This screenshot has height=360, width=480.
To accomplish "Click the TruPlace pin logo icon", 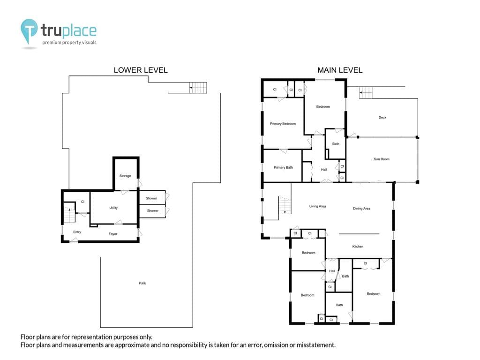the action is coord(29,31).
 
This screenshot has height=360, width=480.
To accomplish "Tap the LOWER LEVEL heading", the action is coord(141,70).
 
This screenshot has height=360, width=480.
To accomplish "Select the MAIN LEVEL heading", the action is coord(340,70).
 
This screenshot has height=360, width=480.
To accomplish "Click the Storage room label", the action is coord(125,176).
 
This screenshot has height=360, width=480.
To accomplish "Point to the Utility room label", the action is coord(113,208).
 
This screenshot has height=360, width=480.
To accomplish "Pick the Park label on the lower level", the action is coord(142,283).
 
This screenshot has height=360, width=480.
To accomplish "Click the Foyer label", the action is coord(113,234).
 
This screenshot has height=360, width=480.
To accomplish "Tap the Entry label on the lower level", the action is coord(77,232).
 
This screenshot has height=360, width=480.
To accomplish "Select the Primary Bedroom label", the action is coord(283,124).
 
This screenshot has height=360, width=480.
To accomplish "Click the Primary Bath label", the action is coord(283,167).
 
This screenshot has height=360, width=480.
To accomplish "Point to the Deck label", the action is coord(382,117).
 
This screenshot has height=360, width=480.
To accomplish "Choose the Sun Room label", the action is coord(382,159).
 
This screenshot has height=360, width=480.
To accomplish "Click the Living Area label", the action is coord(317,206).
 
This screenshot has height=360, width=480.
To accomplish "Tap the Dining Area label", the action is coord(361,209).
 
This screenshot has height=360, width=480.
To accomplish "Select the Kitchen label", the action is coord(358,247).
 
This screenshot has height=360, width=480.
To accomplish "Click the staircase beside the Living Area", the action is coord(285,205).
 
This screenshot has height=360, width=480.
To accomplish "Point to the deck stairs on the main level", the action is coord(366,92).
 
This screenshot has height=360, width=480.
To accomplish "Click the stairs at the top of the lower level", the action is coord(198,88).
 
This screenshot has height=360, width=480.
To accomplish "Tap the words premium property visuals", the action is coord(69,43).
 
